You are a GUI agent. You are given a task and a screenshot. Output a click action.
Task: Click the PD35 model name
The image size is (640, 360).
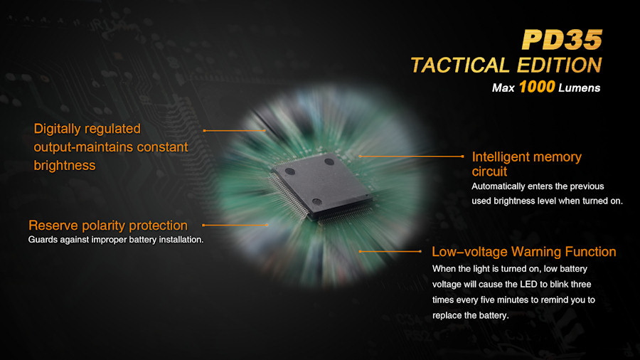[x=562, y=40]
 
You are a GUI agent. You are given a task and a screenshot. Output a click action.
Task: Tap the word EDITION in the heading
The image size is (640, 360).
[x=559, y=65]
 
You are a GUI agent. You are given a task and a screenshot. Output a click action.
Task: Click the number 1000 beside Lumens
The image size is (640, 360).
[x=537, y=87]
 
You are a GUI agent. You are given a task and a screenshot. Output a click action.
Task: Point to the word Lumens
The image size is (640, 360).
[x=579, y=88]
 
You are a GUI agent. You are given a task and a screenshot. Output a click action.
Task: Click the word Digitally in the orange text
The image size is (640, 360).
[x=57, y=129]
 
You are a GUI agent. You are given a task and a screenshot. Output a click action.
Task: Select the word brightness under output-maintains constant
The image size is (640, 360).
[x=65, y=165]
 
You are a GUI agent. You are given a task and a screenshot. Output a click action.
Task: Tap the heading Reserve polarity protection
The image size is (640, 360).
[x=108, y=226]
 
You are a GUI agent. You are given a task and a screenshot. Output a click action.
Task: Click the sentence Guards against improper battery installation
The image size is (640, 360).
[x=116, y=240]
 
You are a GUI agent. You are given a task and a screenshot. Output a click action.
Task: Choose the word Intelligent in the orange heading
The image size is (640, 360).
[x=501, y=157]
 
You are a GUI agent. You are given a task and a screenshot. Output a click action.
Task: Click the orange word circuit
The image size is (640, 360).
[x=489, y=171]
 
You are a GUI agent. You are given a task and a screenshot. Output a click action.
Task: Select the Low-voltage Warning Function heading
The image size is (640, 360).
[x=524, y=252]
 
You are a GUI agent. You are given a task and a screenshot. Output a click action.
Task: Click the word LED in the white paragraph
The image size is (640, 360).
[x=528, y=285]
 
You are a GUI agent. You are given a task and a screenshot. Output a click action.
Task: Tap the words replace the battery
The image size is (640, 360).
[x=471, y=315]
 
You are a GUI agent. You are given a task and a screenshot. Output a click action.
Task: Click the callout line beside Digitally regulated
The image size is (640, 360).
[x=234, y=131]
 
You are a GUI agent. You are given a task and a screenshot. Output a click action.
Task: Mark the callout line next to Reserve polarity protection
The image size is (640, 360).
[x=235, y=225]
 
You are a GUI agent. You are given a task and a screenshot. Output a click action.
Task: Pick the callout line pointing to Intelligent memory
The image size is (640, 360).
[x=412, y=157]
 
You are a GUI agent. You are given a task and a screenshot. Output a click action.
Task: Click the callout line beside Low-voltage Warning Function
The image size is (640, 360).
[x=390, y=251]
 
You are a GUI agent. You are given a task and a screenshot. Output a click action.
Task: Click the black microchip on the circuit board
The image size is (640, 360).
[x=322, y=186]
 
